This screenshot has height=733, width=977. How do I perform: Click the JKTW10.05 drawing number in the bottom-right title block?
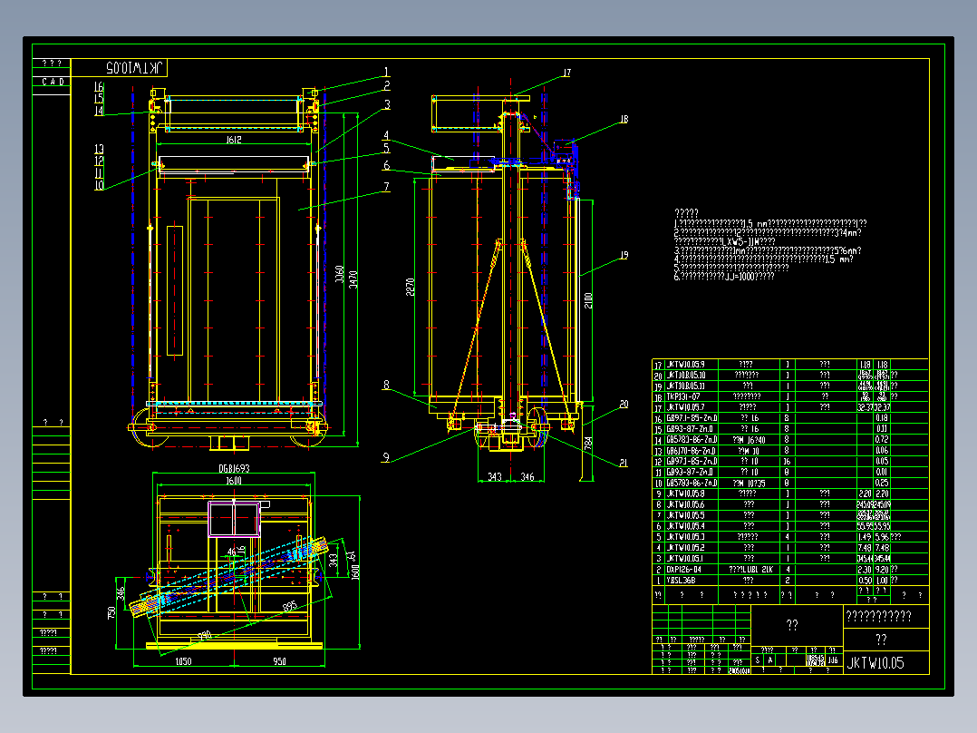click(875, 663)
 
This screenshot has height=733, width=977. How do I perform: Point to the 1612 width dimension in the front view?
click(233, 141)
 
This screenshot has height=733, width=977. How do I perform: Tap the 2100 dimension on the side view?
click(587, 298)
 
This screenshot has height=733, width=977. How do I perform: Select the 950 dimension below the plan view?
click(279, 662)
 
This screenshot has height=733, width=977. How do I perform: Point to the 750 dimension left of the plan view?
click(112, 616)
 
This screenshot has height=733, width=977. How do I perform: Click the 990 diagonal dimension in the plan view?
click(204, 634)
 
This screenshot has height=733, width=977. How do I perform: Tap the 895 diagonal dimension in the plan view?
click(290, 606)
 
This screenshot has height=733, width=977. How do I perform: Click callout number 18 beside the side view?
click(624, 119)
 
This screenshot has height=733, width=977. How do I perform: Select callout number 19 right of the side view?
click(624, 256)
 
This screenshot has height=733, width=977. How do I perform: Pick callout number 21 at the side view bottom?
click(624, 463)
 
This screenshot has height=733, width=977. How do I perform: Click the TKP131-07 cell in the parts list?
click(685, 396)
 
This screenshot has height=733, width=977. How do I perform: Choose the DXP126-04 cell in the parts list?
click(685, 570)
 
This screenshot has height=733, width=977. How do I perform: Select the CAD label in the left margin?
click(52, 82)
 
